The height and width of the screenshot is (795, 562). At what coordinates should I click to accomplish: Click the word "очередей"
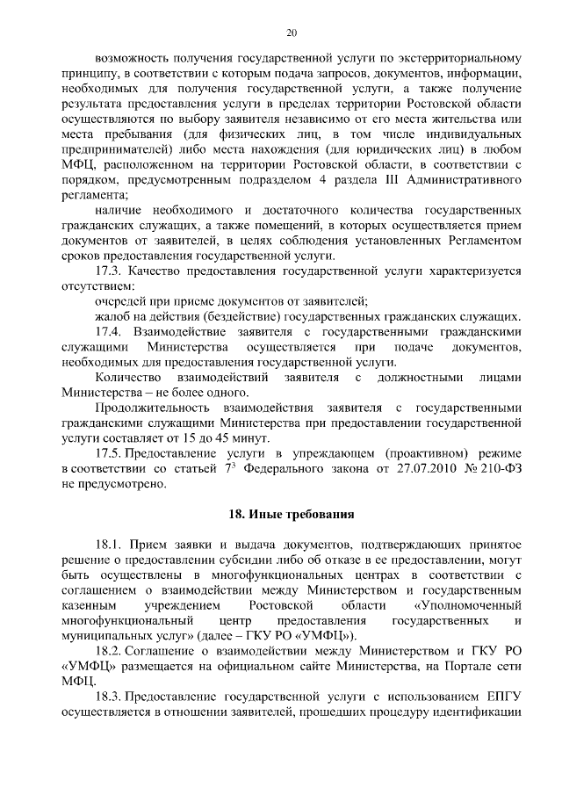click(x=122, y=301)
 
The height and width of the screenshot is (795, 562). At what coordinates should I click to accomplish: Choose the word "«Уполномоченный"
click(x=466, y=605)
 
